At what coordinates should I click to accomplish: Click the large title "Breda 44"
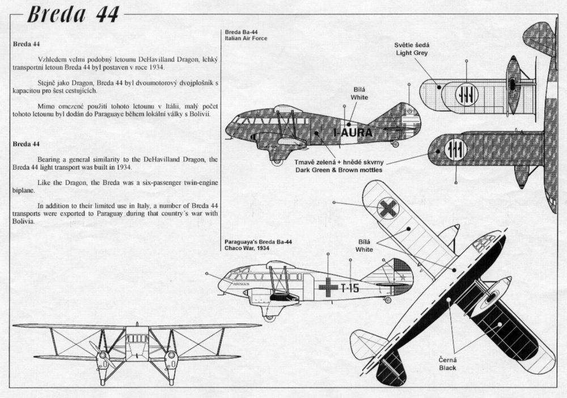click(x=73, y=15)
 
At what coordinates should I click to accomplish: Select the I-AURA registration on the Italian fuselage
click(x=353, y=133)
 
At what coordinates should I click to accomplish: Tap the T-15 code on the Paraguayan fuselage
click(x=350, y=288)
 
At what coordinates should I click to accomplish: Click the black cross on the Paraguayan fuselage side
click(x=328, y=287)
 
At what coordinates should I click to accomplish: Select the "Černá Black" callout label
click(x=448, y=364)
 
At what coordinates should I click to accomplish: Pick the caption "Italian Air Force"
click(x=246, y=39)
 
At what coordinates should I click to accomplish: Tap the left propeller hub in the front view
click(x=103, y=354)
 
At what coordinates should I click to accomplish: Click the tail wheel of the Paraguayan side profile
click(x=388, y=300)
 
